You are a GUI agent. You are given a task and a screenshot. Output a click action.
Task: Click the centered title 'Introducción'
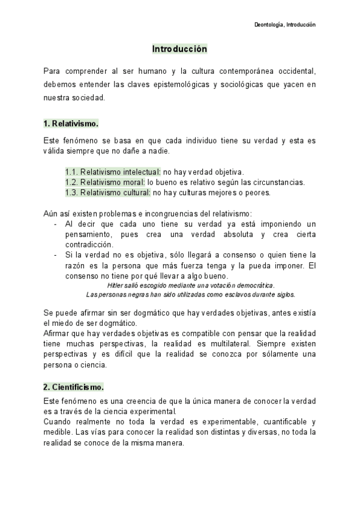[179, 49]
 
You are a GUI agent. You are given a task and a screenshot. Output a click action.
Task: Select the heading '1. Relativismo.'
[70, 123]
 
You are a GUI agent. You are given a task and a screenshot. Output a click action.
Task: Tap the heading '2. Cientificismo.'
[73, 387]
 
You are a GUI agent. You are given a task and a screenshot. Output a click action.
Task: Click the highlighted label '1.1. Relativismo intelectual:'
[113, 172]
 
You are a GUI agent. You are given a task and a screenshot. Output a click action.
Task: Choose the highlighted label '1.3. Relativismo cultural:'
[108, 193]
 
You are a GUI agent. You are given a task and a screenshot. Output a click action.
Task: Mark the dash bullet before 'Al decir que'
[55, 224]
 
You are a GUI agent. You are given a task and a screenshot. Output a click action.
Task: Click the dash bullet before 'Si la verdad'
[55, 255]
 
